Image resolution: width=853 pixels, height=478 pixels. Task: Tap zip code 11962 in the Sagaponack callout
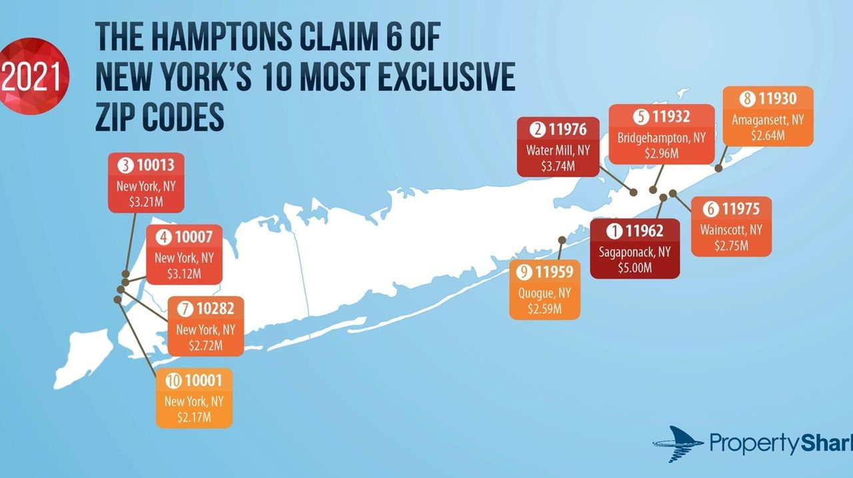pos(645,231)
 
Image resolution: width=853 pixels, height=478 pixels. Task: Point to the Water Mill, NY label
pos(558,150)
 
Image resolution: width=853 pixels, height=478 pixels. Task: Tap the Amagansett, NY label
pos(768,121)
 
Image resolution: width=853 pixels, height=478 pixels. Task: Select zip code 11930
pos(777,99)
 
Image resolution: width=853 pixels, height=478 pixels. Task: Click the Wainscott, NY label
pos(731,229)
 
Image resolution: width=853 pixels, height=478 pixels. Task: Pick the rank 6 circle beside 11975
pos(710,209)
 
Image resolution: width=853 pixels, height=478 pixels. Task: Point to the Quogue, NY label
pos(544,293)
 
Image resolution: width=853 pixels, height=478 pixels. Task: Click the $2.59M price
pos(544,309)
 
